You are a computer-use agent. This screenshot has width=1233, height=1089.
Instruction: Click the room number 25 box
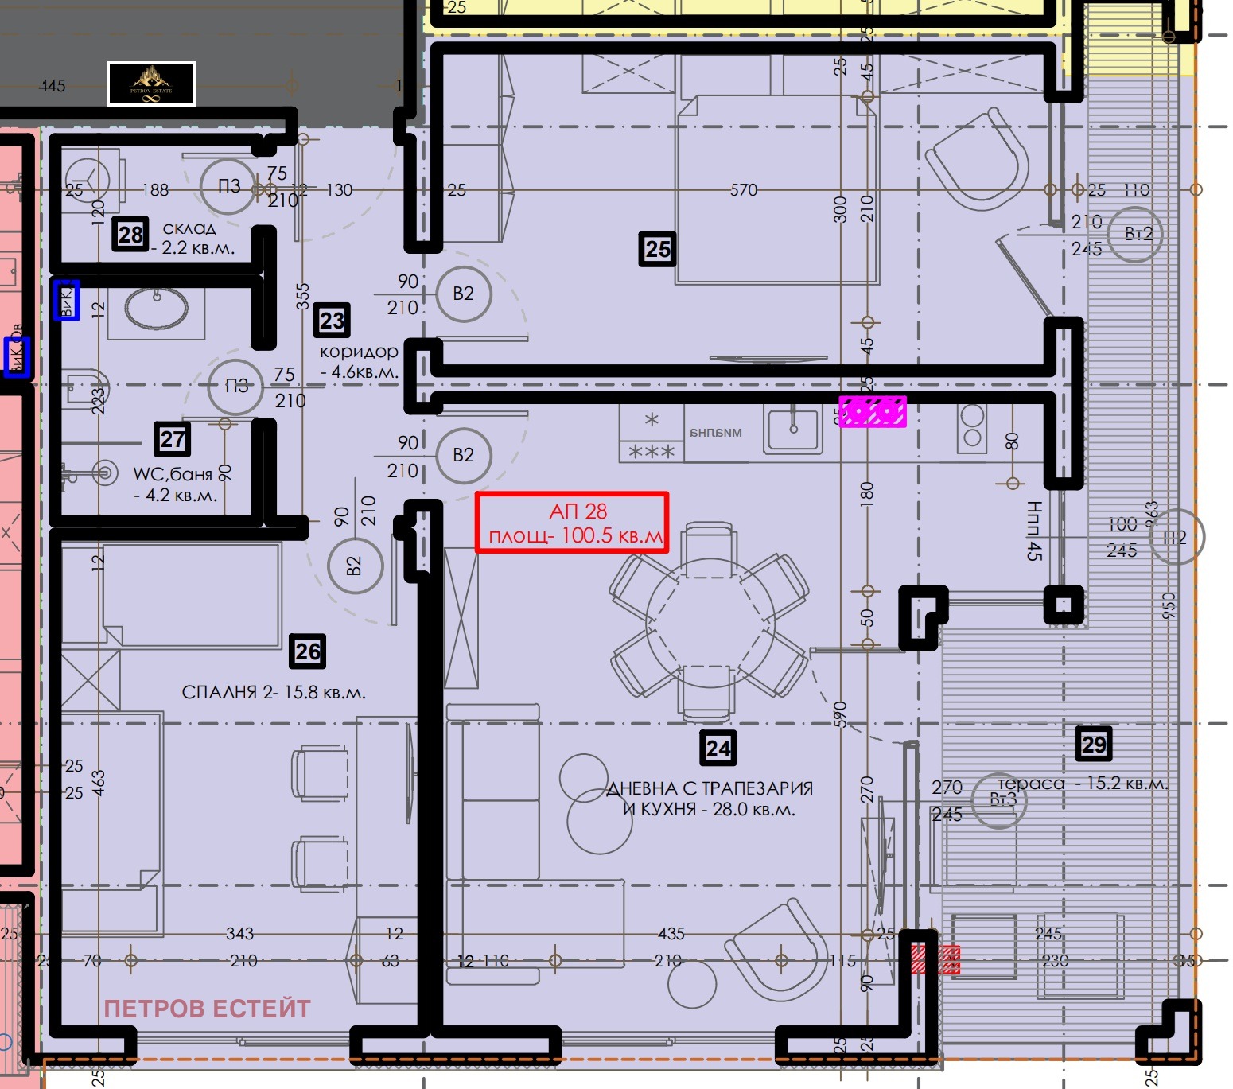pyautogui.click(x=657, y=249)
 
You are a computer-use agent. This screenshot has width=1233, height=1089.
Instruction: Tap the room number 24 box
pyautogui.click(x=718, y=749)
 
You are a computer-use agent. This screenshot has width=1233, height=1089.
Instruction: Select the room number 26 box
pyautogui.click(x=307, y=651)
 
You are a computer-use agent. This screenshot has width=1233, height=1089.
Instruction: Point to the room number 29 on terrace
pyautogui.click(x=1094, y=745)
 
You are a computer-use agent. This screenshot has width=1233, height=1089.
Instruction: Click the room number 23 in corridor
pyautogui.click(x=332, y=321)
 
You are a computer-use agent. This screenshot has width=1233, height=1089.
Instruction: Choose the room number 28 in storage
pyautogui.click(x=130, y=234)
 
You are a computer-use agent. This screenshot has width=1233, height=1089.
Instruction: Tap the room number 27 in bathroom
pyautogui.click(x=173, y=438)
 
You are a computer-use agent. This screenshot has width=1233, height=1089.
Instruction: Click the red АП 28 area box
pyautogui.click(x=572, y=523)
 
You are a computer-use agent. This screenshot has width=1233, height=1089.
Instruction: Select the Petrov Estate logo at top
pyautogui.click(x=151, y=84)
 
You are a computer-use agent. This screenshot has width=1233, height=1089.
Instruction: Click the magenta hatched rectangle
pyautogui.click(x=873, y=411)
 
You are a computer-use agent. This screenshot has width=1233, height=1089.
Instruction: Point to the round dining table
pyautogui.click(x=710, y=617)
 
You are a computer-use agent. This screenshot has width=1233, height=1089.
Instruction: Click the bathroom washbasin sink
pyautogui.click(x=157, y=309)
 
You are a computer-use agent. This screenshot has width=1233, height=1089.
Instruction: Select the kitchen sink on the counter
pyautogui.click(x=792, y=430)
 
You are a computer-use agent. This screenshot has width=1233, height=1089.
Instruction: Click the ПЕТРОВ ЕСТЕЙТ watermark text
pyautogui.click(x=207, y=1009)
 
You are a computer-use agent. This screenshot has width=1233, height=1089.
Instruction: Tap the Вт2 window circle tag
pyautogui.click(x=1138, y=234)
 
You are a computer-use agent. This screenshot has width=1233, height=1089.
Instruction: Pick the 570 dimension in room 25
pyautogui.click(x=744, y=189)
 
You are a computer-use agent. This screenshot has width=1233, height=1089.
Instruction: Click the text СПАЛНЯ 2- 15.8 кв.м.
pyautogui.click(x=274, y=692)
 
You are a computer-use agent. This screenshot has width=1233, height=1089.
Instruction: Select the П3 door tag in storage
pyautogui.click(x=228, y=186)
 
